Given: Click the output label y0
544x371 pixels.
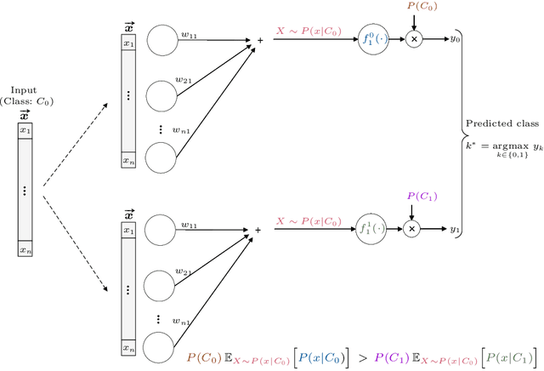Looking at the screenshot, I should click(x=455, y=39).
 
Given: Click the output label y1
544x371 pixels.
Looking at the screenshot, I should click(x=455, y=230).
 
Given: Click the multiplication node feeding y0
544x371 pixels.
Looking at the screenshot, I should click(x=415, y=39).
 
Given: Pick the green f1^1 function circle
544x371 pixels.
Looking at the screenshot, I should click(x=369, y=230).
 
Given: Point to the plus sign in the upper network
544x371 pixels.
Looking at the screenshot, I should click(x=260, y=39).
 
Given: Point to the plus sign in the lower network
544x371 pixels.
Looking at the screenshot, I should click(x=258, y=230).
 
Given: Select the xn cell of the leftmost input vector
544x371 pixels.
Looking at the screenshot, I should click(x=25, y=250).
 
